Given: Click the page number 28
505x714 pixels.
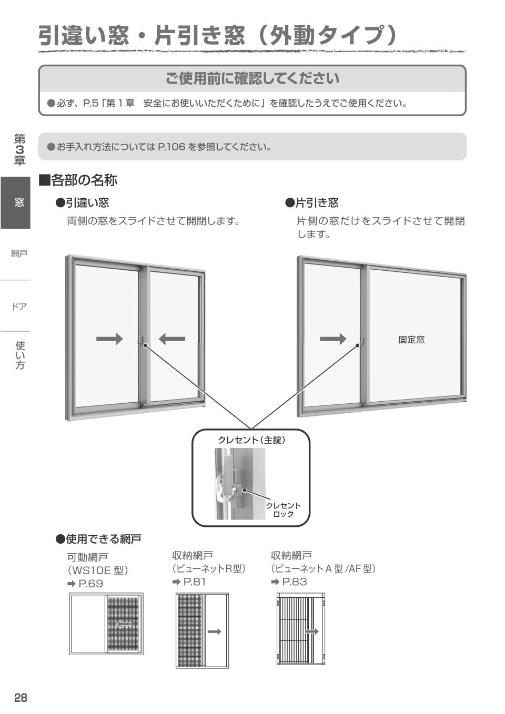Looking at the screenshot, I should pyautogui.click(x=21, y=698).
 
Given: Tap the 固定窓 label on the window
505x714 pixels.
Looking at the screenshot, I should pyautogui.click(x=411, y=340).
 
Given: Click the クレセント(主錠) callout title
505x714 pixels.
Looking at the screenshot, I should pyautogui.click(x=251, y=440).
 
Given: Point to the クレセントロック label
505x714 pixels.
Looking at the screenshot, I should pyautogui.click(x=283, y=509).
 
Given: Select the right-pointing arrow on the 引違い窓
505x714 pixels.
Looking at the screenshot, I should pyautogui.click(x=109, y=339).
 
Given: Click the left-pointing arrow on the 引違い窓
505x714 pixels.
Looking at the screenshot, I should pyautogui.click(x=172, y=339).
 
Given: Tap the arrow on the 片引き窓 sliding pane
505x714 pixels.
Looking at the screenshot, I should pyautogui.click(x=333, y=339).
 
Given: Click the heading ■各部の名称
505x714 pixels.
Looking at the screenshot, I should pyautogui.click(x=78, y=180).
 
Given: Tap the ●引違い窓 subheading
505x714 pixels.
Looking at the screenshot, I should pyautogui.click(x=83, y=203).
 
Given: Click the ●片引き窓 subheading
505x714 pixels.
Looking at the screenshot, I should pyautogui.click(x=312, y=203).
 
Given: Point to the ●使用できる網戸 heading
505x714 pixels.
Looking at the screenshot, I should pyautogui.click(x=99, y=539).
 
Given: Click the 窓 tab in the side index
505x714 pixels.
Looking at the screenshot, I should pyautogui.click(x=19, y=203).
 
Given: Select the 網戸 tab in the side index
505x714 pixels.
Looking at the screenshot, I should pyautogui.click(x=19, y=254).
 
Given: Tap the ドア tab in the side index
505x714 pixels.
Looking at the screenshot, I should pyautogui.click(x=19, y=307).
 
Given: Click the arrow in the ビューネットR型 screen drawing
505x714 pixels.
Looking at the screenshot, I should pyautogui.click(x=214, y=631).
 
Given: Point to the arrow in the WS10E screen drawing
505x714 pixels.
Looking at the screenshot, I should pyautogui.click(x=124, y=624).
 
